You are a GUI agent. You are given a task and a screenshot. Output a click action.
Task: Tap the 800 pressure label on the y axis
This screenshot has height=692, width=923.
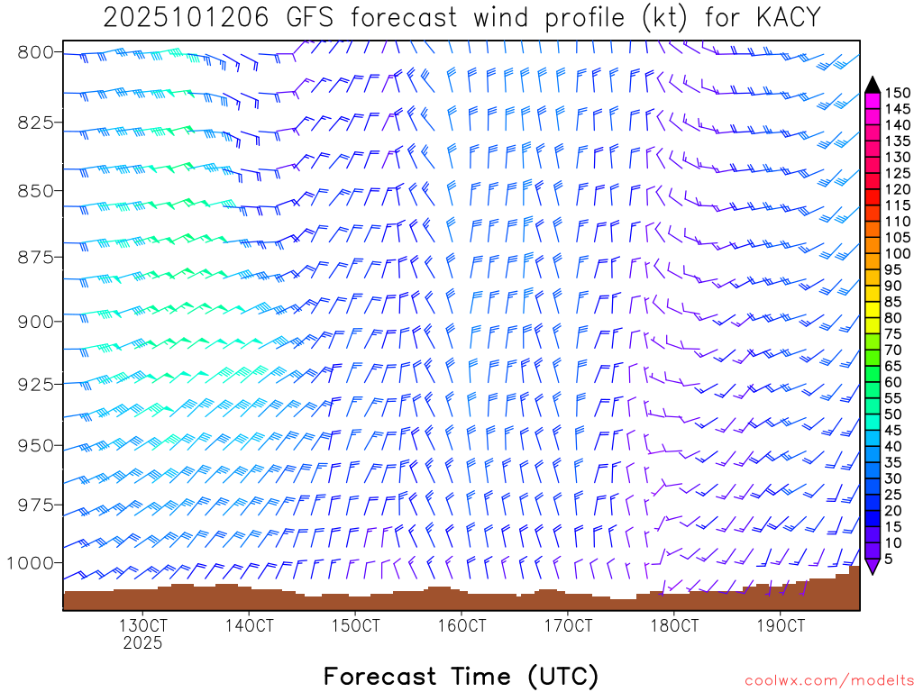click(x=35, y=51)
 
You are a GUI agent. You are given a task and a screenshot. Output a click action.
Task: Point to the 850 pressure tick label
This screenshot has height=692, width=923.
click(x=35, y=190)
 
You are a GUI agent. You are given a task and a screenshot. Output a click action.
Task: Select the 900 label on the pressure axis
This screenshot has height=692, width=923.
click(x=35, y=321)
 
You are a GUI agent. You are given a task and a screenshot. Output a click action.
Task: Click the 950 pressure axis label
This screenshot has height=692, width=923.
click(x=35, y=445)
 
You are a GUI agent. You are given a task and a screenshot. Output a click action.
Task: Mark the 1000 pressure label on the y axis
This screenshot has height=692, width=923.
click(x=30, y=562)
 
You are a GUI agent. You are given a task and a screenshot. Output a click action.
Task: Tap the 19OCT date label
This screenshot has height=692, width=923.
click(x=780, y=625)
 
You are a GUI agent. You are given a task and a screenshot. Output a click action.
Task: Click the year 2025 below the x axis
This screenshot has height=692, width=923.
click(x=142, y=643)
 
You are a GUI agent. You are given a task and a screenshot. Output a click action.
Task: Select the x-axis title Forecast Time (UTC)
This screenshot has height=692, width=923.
click(x=461, y=676)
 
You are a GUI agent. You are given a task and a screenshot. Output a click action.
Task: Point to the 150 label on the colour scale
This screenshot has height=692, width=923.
click(x=898, y=93)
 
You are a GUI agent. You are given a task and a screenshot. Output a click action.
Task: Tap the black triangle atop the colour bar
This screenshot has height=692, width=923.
click(x=873, y=84)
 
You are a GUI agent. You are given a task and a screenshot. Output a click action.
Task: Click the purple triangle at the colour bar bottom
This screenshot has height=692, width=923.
click(x=873, y=566)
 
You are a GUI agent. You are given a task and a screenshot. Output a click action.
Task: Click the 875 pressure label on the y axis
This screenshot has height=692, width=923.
click(x=35, y=258)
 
